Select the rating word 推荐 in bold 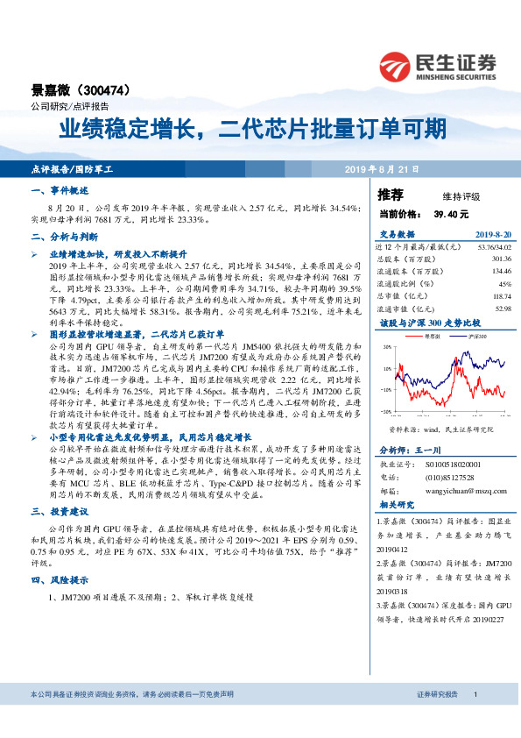[x=391, y=195]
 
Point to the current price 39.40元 [x=451, y=214]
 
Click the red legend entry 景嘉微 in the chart [x=432, y=336]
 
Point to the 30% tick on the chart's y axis [x=385, y=347]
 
